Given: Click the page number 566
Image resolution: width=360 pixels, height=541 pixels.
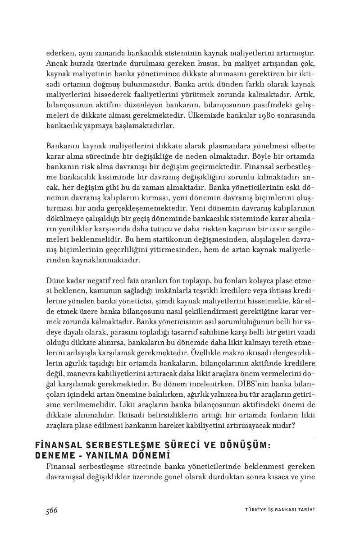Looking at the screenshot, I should point(51,510).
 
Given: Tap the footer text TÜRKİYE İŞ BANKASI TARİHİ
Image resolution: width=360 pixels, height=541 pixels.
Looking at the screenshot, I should point(276,510).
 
